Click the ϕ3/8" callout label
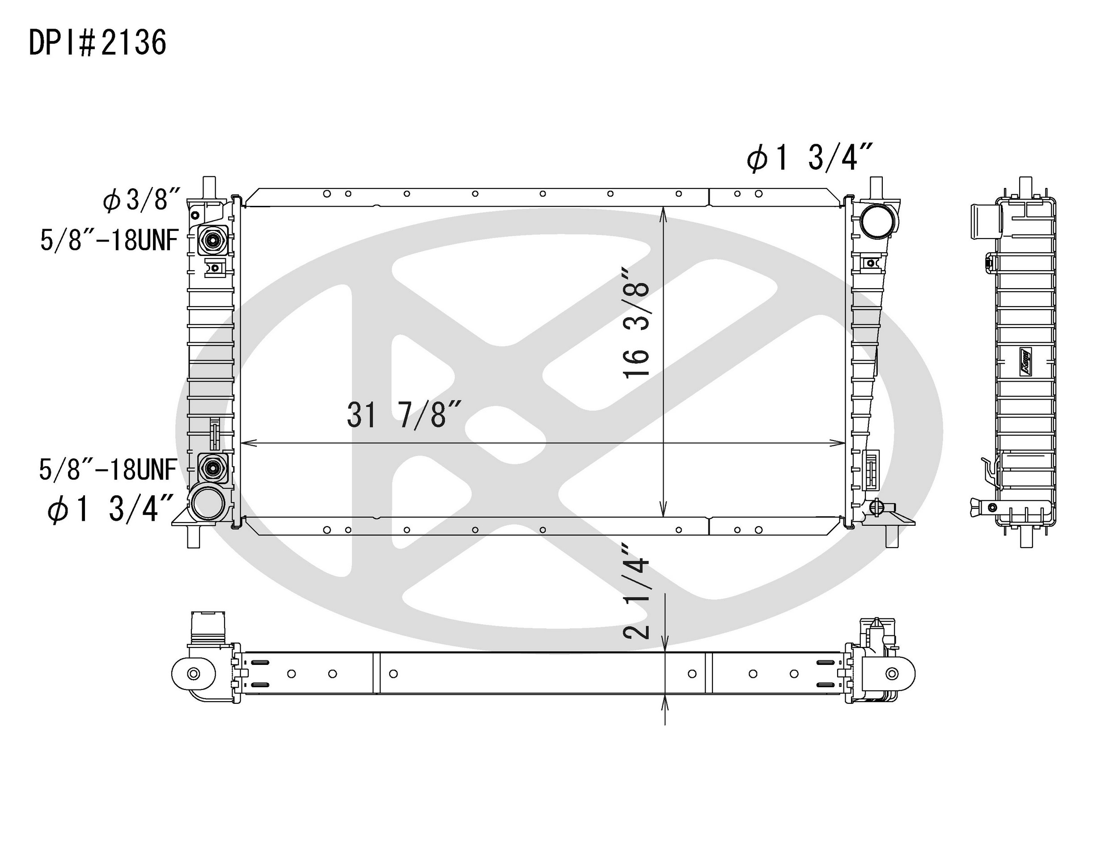(142, 200)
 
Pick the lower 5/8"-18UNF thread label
(108, 470)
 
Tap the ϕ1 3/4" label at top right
(809, 157)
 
